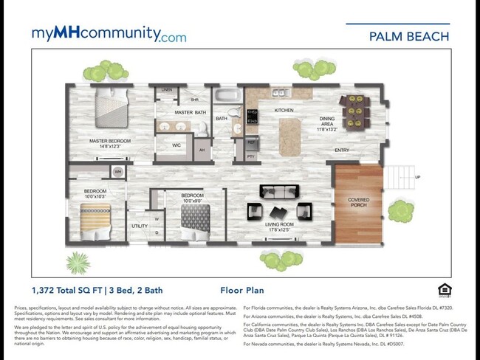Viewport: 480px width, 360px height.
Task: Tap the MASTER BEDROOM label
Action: (110, 143)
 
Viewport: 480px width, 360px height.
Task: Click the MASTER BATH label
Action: (190, 113)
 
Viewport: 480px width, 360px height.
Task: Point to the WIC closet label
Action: (176, 145)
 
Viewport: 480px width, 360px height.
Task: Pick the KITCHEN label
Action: (284, 111)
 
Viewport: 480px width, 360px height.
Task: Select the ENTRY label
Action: (342, 150)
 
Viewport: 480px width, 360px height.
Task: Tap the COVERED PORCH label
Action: (359, 202)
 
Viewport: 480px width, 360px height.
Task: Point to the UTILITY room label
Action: (139, 226)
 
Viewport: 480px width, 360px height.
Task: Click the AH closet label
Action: (202, 150)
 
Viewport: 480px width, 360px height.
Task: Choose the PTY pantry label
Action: (250, 156)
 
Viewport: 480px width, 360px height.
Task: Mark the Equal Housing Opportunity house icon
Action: (444, 289)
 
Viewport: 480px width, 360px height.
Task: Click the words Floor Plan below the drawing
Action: (242, 291)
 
